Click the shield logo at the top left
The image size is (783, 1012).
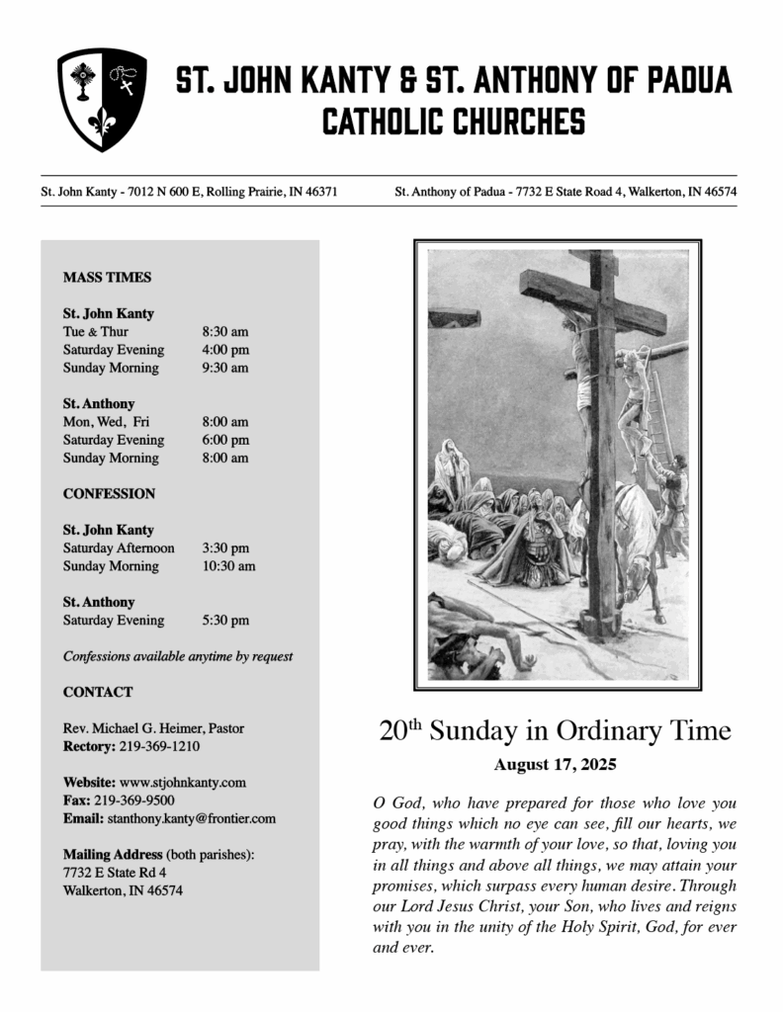coord(102,100)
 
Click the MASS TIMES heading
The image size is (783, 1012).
coord(107,278)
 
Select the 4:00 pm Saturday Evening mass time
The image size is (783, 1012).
coord(225,350)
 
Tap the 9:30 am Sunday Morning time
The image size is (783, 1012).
coord(225,368)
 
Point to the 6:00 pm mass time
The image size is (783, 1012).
coord(225,440)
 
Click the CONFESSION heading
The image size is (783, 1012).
coord(109,493)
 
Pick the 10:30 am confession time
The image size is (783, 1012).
coord(228,566)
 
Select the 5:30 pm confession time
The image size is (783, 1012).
coord(225,621)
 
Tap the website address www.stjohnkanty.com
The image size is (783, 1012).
coord(183,783)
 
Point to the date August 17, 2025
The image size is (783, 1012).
coord(555,765)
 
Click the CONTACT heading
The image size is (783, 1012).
coord(98,692)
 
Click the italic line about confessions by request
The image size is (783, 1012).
coord(178,656)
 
